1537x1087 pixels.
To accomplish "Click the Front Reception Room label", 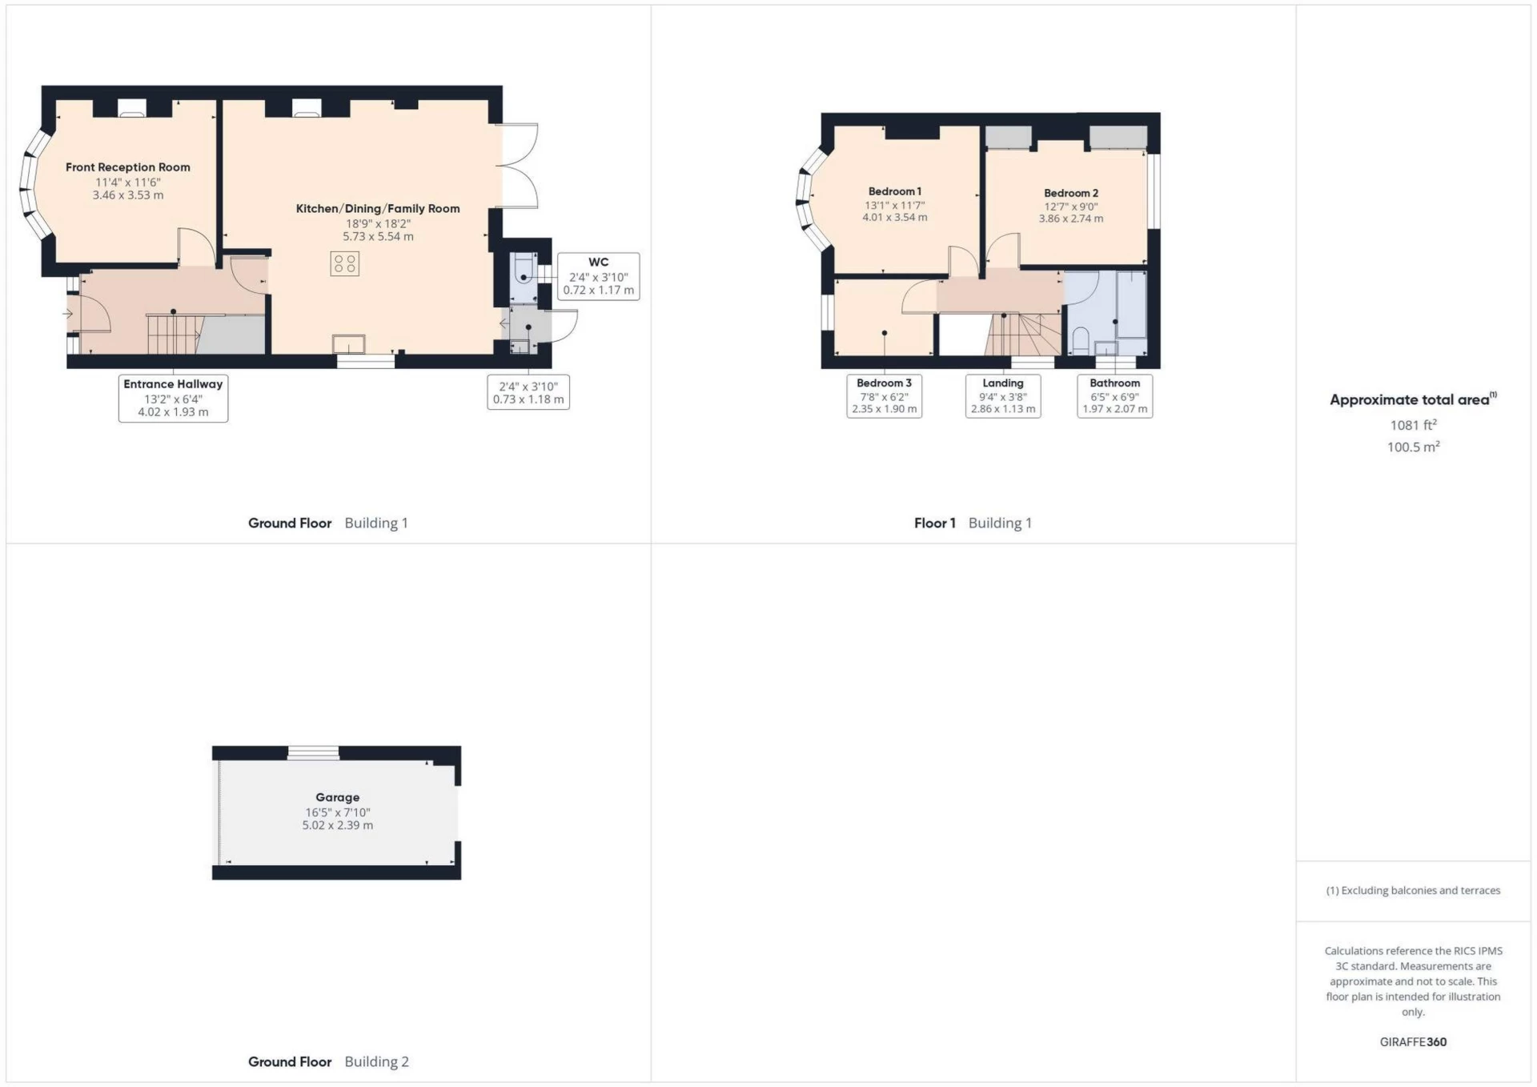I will [x=128, y=167].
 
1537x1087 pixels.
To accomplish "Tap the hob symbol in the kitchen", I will [x=345, y=263].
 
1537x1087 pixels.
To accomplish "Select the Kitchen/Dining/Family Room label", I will [x=378, y=209].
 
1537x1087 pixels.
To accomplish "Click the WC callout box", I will [x=598, y=276].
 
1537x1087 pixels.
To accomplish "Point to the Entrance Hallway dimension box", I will [x=173, y=398].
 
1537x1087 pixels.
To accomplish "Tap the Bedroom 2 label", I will [x=1070, y=193].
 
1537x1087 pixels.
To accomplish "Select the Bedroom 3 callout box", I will [x=884, y=396].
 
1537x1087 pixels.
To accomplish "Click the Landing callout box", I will [x=1002, y=396].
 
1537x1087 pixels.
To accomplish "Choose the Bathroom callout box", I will [x=1114, y=396].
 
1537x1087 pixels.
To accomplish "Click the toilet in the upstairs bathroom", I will [x=1080, y=341].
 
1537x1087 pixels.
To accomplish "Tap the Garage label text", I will [x=337, y=797].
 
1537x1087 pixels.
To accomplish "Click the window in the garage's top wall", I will [x=313, y=752].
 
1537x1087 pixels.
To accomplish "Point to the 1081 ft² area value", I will [x=1413, y=425].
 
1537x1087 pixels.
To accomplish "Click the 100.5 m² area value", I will [x=1413, y=447].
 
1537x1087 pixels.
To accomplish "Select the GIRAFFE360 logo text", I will [x=1413, y=1041].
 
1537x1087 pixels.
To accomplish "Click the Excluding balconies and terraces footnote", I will [x=1413, y=890].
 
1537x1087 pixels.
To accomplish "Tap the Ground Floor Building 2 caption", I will [x=328, y=1061].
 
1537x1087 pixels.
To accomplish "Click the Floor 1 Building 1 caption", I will [x=973, y=523].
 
